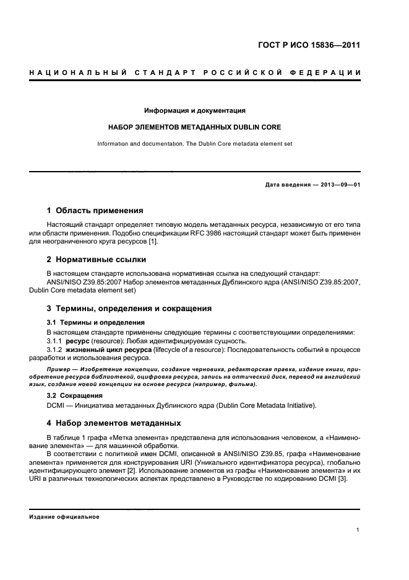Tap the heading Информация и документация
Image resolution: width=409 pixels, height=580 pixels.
pos(195,111)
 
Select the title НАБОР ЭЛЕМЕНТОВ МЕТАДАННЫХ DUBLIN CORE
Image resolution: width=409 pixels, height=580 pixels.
pos(195,127)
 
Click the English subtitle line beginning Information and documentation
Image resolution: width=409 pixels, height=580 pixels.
pos(195,144)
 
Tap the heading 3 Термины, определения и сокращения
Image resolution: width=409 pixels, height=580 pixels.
pos(129,308)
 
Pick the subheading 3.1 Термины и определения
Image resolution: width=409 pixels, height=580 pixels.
pos(96,322)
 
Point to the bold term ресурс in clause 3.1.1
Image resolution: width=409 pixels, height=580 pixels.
pos(79,341)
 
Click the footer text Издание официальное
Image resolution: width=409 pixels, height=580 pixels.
pos(64,517)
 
